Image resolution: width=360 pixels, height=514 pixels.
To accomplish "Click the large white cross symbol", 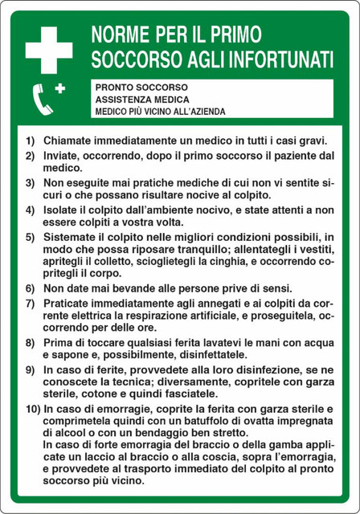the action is click(48, 49).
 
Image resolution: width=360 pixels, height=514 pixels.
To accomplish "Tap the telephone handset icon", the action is click(42, 98).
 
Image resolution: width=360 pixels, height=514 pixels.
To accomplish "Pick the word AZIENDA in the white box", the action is click(205, 111).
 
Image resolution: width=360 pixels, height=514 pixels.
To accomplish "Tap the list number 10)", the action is click(32, 408).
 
